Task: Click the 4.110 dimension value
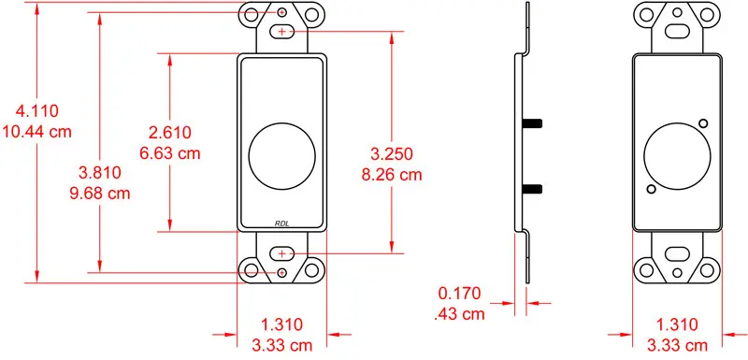[x=37, y=111]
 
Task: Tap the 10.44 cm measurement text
[x=37, y=131]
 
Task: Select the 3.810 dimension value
[x=100, y=173]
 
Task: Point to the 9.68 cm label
[x=100, y=194]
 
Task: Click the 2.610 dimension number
[x=170, y=132]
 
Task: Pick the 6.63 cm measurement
[x=170, y=153]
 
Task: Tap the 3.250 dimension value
[x=392, y=154]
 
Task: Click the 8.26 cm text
[x=392, y=175]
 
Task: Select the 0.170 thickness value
[x=460, y=294]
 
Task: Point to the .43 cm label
[x=460, y=314]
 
